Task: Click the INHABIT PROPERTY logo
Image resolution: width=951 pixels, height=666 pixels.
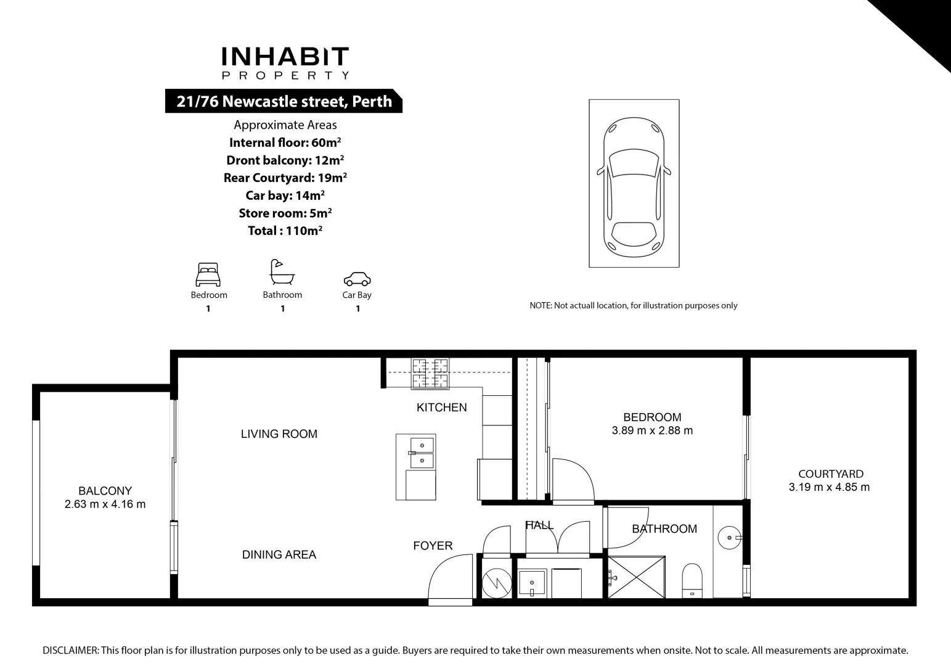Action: [x=285, y=63]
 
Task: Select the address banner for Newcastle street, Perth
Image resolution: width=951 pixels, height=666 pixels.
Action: [x=284, y=101]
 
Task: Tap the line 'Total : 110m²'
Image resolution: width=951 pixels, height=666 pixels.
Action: [x=285, y=231]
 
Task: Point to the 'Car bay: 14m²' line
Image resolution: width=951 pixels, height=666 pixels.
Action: [x=285, y=195]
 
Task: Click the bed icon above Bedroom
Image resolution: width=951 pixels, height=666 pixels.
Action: [x=208, y=274]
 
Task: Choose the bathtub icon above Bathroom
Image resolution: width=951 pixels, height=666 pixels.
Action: [x=282, y=272]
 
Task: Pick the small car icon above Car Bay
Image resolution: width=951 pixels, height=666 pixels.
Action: [x=357, y=279]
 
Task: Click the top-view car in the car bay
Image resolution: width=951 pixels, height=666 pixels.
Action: [x=634, y=188]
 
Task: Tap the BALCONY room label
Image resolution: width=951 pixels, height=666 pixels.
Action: [x=105, y=491]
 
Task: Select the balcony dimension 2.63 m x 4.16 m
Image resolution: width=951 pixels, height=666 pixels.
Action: [x=105, y=504]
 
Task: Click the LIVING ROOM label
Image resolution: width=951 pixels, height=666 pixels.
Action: [x=279, y=434]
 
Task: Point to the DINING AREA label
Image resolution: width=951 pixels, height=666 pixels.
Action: [x=279, y=555]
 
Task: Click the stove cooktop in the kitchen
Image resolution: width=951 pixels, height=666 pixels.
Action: [x=430, y=374]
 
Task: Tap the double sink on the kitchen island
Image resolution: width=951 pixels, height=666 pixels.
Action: [x=422, y=452]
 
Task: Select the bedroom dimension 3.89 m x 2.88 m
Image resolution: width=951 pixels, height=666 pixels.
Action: [x=652, y=431]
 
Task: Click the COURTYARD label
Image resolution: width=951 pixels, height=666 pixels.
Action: [x=830, y=474]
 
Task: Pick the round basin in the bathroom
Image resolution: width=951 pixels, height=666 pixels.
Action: [x=729, y=538]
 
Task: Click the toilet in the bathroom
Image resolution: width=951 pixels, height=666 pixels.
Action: [x=692, y=580]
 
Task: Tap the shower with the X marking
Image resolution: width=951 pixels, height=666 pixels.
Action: [x=637, y=577]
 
